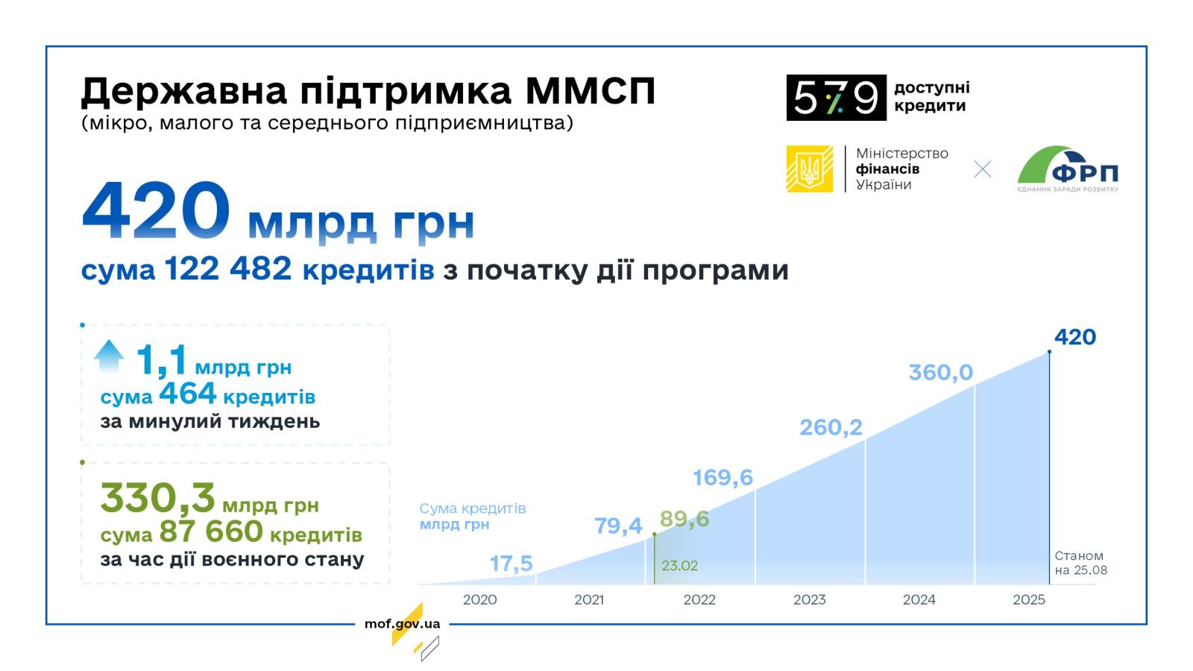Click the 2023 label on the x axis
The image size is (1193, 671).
pyautogui.click(x=809, y=599)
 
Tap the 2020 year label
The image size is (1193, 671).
pyautogui.click(x=479, y=599)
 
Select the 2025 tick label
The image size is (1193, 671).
pyautogui.click(x=1028, y=599)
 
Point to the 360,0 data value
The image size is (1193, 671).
pyautogui.click(x=940, y=372)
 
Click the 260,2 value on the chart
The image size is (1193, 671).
pyautogui.click(x=831, y=427)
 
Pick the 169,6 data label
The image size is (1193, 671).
pyautogui.click(x=723, y=477)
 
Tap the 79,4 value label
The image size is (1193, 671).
pyautogui.click(x=618, y=526)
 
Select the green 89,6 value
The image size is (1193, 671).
pyautogui.click(x=684, y=519)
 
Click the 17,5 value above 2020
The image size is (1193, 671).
pyautogui.click(x=511, y=564)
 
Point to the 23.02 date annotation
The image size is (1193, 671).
pyautogui.click(x=679, y=566)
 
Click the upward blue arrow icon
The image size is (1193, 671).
pyautogui.click(x=109, y=356)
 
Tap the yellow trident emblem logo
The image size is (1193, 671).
pyautogui.click(x=810, y=168)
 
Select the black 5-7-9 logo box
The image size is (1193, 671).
pyautogui.click(x=836, y=98)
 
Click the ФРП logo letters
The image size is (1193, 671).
pyautogui.click(x=1085, y=173)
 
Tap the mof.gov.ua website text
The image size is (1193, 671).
pyautogui.click(x=402, y=623)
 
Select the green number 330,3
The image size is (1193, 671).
pyautogui.click(x=157, y=498)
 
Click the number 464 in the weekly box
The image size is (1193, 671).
pyautogui.click(x=187, y=394)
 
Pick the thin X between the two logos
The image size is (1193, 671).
pyautogui.click(x=983, y=169)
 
